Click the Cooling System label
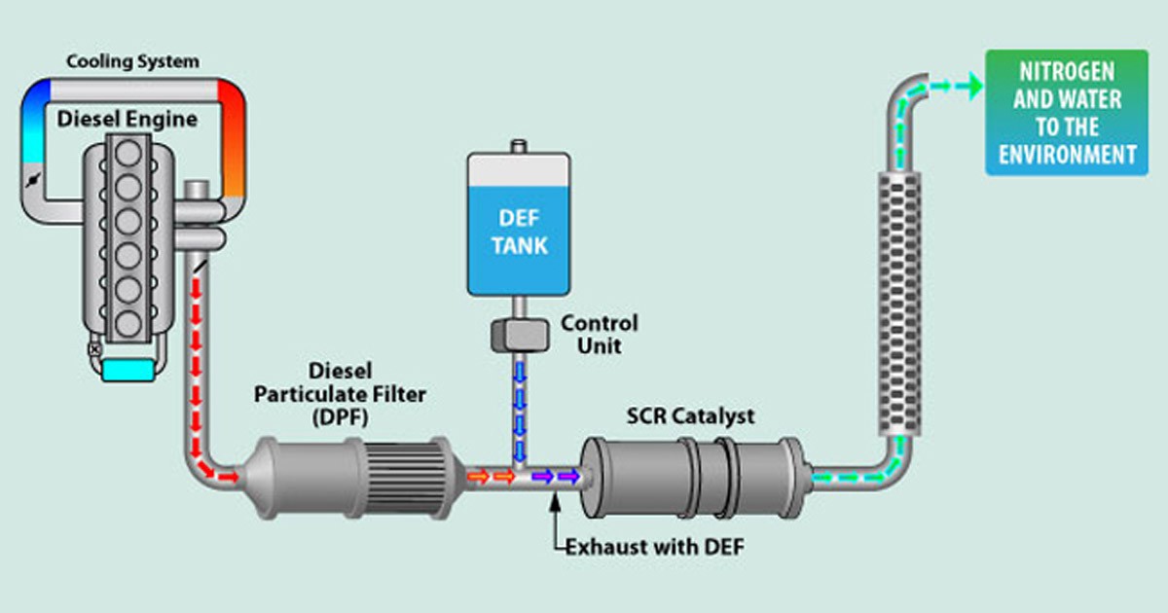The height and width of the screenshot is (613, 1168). [x=132, y=62]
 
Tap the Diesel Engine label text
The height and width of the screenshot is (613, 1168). [x=127, y=120]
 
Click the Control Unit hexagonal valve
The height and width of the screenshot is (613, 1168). [x=518, y=336]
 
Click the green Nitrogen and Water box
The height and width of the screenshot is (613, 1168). [x=1066, y=112]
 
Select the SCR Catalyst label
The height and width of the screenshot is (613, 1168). [x=690, y=415]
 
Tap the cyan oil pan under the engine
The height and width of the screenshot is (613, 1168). [x=127, y=371]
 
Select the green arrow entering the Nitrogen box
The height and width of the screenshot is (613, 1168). [x=966, y=87]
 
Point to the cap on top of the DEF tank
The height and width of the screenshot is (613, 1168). [x=518, y=146]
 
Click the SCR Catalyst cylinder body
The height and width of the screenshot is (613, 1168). [x=691, y=477]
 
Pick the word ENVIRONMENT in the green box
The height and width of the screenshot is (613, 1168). [x=1067, y=154]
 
